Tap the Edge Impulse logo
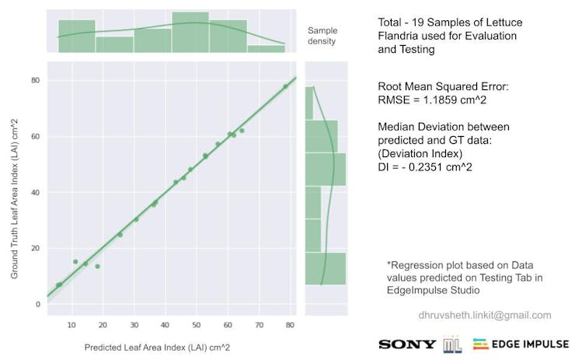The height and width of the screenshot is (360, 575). coord(520,343)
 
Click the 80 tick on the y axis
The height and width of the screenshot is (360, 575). coord(36,80)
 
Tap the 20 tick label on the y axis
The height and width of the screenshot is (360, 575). coord(36,248)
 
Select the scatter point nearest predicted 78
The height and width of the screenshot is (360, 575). coord(285,86)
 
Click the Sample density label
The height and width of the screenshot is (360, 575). coord(321,35)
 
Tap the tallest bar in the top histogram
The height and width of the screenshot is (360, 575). coord(190,32)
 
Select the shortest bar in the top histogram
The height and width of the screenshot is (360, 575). coord(267,48)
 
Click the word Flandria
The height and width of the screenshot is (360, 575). coord(400,36)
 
